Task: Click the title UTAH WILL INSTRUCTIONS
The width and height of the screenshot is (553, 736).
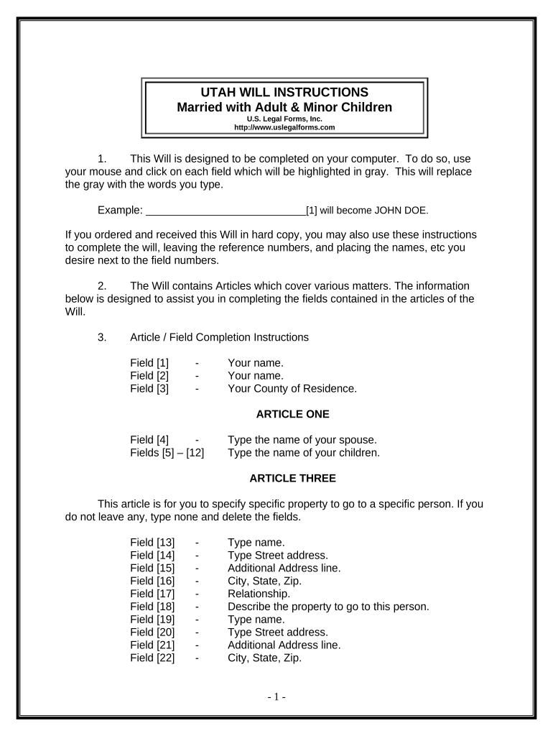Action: [x=284, y=93]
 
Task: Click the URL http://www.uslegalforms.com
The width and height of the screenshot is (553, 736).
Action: [x=284, y=127]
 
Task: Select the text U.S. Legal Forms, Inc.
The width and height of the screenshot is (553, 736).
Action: [x=284, y=119]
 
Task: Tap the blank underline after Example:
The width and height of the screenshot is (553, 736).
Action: [x=226, y=211]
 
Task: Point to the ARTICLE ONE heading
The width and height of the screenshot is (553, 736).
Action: [x=292, y=414]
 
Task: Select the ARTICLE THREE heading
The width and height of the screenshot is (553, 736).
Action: [x=292, y=478]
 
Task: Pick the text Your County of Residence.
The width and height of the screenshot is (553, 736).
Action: [x=292, y=389]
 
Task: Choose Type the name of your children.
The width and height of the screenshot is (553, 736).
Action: [x=304, y=453]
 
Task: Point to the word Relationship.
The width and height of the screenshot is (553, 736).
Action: [x=259, y=594]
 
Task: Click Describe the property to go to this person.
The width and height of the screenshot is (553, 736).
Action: [x=328, y=607]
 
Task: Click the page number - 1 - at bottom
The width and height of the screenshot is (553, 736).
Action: [x=276, y=697]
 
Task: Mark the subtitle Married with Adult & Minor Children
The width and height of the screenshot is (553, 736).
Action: [x=284, y=107]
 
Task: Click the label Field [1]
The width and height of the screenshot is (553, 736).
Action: [x=149, y=363]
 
